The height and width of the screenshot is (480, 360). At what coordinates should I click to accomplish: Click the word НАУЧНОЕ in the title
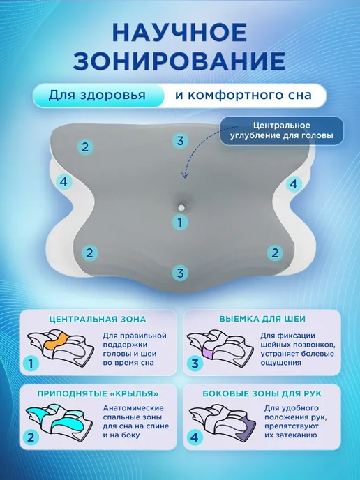(180, 32)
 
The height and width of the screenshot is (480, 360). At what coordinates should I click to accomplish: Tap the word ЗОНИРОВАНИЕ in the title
(179, 61)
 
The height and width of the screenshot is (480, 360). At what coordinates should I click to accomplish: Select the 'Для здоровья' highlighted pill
(98, 95)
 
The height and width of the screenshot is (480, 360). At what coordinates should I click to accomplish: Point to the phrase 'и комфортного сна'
(243, 95)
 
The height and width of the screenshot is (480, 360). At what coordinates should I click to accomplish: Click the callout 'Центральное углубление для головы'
(282, 130)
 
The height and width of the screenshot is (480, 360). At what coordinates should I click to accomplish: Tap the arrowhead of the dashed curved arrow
(185, 175)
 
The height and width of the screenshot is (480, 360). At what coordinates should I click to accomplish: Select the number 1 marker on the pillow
(180, 222)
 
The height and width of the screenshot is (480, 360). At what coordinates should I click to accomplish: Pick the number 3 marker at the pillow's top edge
(180, 140)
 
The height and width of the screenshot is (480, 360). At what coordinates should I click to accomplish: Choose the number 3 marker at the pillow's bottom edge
(180, 273)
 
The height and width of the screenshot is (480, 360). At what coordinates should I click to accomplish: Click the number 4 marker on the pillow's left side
(63, 182)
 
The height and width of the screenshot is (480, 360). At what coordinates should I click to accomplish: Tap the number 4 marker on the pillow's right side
(293, 184)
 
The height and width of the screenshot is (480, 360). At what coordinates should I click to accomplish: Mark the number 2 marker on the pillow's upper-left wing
(85, 147)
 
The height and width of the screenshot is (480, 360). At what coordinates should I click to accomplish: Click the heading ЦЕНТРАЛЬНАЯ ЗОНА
(98, 320)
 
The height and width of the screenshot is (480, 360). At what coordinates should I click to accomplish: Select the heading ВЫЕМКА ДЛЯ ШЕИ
(262, 319)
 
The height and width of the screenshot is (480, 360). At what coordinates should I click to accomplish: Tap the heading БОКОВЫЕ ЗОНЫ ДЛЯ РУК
(262, 393)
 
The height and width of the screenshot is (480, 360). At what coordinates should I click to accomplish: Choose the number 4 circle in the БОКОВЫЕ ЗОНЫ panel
(195, 437)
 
